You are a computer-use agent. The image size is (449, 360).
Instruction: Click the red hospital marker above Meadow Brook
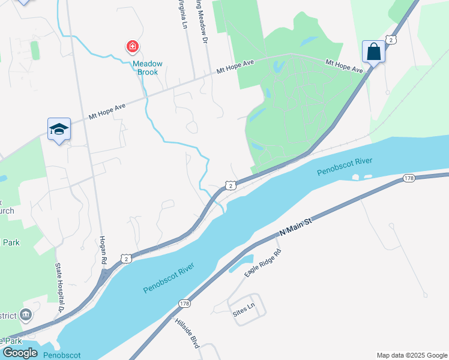click(x=132, y=46)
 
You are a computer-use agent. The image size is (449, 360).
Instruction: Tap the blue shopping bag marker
click(x=373, y=52)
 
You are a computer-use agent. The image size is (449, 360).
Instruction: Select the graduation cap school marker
click(x=59, y=129)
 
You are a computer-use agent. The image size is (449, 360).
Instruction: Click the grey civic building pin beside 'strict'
click(x=26, y=314)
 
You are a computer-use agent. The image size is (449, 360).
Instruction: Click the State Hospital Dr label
click(x=59, y=289)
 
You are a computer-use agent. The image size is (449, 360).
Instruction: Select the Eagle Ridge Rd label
click(x=262, y=263)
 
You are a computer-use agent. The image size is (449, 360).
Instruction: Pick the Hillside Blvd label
click(x=187, y=334)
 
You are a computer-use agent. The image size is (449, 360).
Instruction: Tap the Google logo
click(x=20, y=353)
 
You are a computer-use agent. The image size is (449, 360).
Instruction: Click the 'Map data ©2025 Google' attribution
click(x=411, y=355)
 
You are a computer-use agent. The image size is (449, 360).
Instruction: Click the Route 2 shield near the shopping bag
click(x=391, y=40)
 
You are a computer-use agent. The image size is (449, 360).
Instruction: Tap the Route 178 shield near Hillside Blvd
click(x=184, y=304)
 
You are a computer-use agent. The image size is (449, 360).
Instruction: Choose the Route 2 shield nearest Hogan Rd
click(x=125, y=258)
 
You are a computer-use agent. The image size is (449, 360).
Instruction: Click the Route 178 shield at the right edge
click(x=409, y=178)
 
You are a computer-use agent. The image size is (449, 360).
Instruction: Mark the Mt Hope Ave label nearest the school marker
click(x=107, y=110)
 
